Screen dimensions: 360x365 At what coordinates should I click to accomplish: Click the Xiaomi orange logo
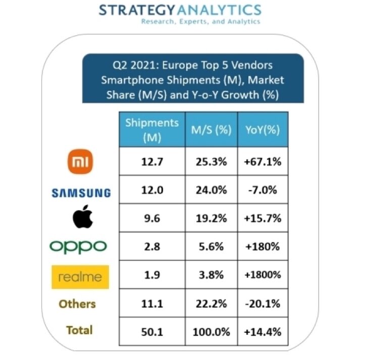(x=81, y=162)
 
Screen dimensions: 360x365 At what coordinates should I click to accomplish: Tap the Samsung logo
(x=81, y=192)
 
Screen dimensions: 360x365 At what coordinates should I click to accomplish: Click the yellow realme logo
(x=80, y=276)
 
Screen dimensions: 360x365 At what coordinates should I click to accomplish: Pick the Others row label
(x=77, y=304)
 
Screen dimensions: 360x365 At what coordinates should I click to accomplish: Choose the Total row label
(x=79, y=330)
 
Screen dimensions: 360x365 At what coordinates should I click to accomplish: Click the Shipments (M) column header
(x=151, y=130)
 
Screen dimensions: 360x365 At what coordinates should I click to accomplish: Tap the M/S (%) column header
(x=211, y=130)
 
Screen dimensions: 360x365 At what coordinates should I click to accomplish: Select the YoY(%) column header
(x=263, y=130)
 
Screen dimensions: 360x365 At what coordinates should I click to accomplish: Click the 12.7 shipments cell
(x=151, y=162)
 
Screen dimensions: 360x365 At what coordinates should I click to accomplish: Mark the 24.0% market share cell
(x=211, y=191)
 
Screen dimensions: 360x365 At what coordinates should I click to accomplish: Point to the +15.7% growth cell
(x=263, y=219)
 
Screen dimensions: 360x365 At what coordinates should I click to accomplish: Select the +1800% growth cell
(x=263, y=276)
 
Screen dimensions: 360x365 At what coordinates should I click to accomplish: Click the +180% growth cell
(x=263, y=247)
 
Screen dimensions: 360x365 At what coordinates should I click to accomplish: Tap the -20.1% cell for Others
(x=263, y=304)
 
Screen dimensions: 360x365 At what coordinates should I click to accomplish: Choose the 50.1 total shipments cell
(x=151, y=332)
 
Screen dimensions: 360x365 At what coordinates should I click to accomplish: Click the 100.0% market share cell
(x=211, y=332)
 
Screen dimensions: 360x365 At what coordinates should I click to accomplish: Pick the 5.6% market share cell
(x=211, y=247)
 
